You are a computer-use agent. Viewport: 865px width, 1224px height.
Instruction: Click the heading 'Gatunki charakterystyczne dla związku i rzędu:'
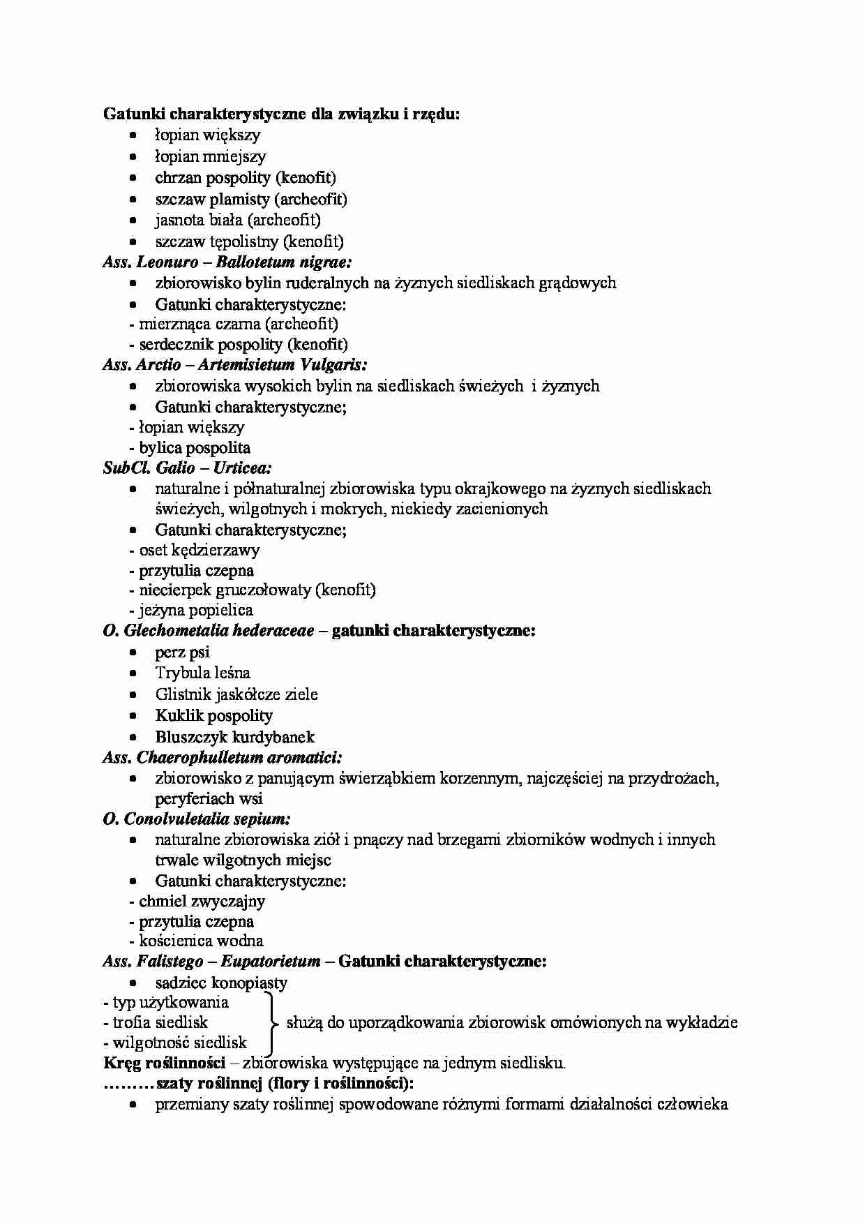tap(281, 114)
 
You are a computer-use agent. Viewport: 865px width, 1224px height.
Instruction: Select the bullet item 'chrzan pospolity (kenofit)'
tap(245, 177)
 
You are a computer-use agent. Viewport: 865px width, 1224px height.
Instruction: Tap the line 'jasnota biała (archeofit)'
tap(237, 220)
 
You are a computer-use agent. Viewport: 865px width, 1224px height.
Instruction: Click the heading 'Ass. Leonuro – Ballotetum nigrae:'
tap(227, 262)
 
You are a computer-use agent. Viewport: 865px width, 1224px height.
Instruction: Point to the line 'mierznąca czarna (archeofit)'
tap(238, 324)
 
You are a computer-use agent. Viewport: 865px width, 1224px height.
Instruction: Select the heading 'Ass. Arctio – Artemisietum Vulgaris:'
tap(234, 364)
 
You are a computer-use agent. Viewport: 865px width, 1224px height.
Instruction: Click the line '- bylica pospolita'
tap(190, 447)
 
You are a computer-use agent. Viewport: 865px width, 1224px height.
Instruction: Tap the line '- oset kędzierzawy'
tap(195, 550)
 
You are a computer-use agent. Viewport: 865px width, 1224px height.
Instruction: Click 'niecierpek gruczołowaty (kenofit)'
tap(257, 590)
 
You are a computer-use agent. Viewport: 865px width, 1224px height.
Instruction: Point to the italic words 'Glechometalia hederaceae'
tap(218, 631)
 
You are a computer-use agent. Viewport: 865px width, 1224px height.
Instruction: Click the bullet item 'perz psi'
tap(182, 652)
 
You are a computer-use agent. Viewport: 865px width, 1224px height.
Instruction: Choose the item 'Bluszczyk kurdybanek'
tap(234, 737)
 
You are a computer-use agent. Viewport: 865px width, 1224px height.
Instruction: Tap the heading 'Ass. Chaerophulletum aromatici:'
tap(222, 757)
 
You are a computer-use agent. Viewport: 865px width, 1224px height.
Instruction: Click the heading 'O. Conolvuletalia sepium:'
tap(197, 819)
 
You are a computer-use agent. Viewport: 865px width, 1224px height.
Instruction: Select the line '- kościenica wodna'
tap(196, 941)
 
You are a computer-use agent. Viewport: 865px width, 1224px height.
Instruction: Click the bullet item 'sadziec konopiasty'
tap(220, 983)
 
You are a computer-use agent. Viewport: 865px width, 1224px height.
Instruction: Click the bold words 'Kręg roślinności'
tap(165, 1063)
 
